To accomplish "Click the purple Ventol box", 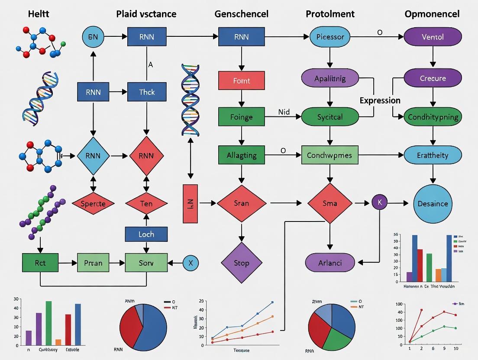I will (433, 37).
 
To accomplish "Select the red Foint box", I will (241, 80).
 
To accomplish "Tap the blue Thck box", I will (147, 92).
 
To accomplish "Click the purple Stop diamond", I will (242, 263).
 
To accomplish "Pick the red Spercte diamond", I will (93, 203).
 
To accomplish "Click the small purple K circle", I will (380, 202).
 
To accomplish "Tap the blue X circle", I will (191, 263).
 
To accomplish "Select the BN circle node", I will (93, 37).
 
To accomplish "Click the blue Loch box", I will (146, 234).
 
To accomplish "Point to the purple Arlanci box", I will (330, 263).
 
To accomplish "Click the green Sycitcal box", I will (330, 117).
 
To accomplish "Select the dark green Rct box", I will (40, 263).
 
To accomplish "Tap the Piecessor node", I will (330, 37).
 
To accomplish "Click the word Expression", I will (380, 100).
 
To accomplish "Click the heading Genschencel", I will (241, 14).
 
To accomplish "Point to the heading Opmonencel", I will (432, 14).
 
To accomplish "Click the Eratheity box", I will (433, 155).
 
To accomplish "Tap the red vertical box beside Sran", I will (191, 203).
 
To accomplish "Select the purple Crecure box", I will (433, 78).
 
